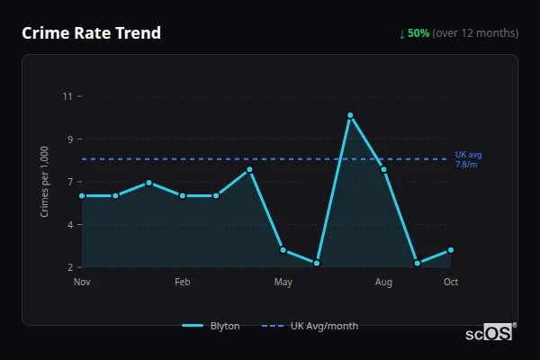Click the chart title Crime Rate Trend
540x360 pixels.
pyautogui.click(x=91, y=33)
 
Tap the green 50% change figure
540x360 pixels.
pyautogui.click(x=418, y=33)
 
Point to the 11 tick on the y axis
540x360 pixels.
pyautogui.click(x=67, y=96)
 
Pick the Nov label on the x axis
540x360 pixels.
pyautogui.click(x=82, y=283)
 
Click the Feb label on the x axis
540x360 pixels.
pyautogui.click(x=183, y=283)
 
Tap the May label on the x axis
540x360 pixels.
pyautogui.click(x=283, y=283)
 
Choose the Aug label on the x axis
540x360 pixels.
pyautogui.click(x=383, y=283)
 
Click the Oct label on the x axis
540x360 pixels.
pyautogui.click(x=451, y=283)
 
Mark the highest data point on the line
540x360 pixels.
pyautogui.click(x=350, y=115)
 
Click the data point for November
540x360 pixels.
pyautogui.click(x=82, y=195)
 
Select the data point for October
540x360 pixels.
pyautogui.click(x=451, y=250)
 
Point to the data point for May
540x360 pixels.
pyautogui.click(x=283, y=250)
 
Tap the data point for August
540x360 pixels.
pyautogui.click(x=383, y=169)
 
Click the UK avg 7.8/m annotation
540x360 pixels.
pyautogui.click(x=467, y=159)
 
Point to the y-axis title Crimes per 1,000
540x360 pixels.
pyautogui.click(x=45, y=182)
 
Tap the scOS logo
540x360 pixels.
pyautogui.click(x=490, y=333)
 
